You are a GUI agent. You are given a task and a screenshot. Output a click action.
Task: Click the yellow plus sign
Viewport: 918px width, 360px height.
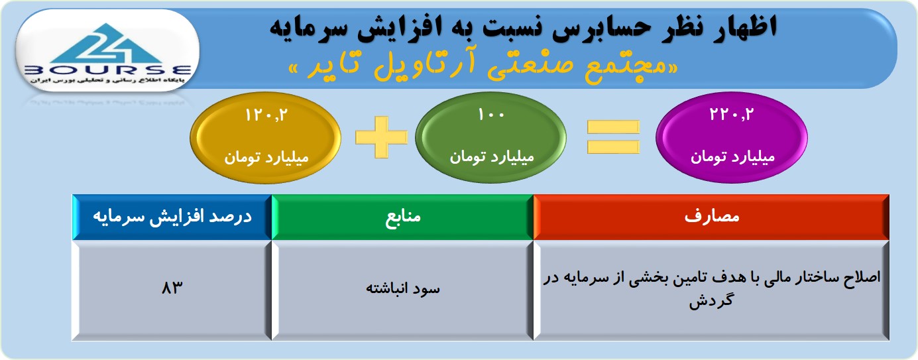click(x=381, y=137)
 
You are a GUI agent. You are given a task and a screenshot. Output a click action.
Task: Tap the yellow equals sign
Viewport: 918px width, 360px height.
click(x=613, y=137)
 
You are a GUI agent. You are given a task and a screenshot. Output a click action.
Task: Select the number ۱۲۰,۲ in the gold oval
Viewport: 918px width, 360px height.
click(x=266, y=115)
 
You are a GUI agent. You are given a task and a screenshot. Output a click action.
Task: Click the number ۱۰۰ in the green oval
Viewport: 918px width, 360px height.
click(x=491, y=115)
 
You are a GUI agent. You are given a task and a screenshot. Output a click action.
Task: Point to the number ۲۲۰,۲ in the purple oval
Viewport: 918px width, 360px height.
click(x=732, y=114)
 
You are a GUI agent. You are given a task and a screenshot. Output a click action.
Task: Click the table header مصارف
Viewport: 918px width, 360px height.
click(x=711, y=217)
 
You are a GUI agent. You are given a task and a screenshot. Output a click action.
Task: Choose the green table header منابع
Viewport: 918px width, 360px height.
click(x=402, y=217)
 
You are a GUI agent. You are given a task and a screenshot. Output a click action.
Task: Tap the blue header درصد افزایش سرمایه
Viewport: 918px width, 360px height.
click(x=172, y=217)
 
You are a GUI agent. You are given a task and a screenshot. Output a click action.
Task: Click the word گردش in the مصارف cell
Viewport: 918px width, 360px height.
click(x=711, y=302)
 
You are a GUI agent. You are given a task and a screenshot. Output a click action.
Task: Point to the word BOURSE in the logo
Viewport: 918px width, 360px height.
click(x=108, y=70)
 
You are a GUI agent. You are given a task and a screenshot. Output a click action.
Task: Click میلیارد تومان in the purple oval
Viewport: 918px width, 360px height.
click(x=732, y=157)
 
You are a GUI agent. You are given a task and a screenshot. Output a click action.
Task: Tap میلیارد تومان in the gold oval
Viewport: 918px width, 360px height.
click(x=266, y=158)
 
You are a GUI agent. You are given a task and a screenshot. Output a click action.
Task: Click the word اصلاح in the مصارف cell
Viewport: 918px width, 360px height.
click(x=860, y=278)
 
